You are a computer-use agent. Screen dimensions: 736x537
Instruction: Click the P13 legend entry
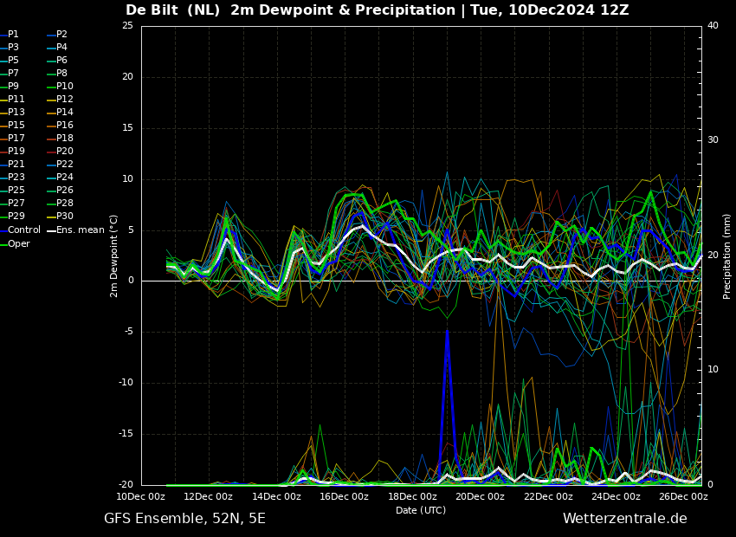point(13,112)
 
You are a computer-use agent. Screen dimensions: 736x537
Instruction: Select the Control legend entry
point(21,230)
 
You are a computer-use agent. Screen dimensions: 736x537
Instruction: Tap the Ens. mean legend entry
point(76,230)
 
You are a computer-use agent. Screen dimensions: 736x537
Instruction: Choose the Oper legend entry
point(15,243)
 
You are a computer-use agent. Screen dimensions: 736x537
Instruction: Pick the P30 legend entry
point(61,216)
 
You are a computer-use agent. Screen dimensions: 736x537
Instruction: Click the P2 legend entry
point(58,34)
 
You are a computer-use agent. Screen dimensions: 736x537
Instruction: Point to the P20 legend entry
point(61,151)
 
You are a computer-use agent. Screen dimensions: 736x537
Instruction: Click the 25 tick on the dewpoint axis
point(127,25)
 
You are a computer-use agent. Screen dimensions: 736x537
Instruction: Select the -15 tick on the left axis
point(126,434)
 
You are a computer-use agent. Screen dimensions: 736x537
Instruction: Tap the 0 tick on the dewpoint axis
point(131,281)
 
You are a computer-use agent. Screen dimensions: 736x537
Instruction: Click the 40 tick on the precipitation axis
point(713,25)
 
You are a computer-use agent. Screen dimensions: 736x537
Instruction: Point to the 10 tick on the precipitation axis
point(713,370)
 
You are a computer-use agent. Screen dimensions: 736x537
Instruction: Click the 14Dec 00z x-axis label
point(277,496)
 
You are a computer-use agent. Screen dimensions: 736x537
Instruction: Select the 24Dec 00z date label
point(617,496)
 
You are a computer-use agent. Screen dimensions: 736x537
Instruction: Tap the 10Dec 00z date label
point(141,496)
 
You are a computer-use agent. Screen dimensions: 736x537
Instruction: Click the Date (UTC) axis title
point(421,510)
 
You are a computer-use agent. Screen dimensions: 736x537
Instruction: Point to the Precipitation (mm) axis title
point(727,256)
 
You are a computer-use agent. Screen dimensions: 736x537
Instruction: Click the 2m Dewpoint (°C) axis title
point(114,256)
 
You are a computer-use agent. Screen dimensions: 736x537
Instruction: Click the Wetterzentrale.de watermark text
point(625,519)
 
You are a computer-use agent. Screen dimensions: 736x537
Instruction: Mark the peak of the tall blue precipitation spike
point(447,331)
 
